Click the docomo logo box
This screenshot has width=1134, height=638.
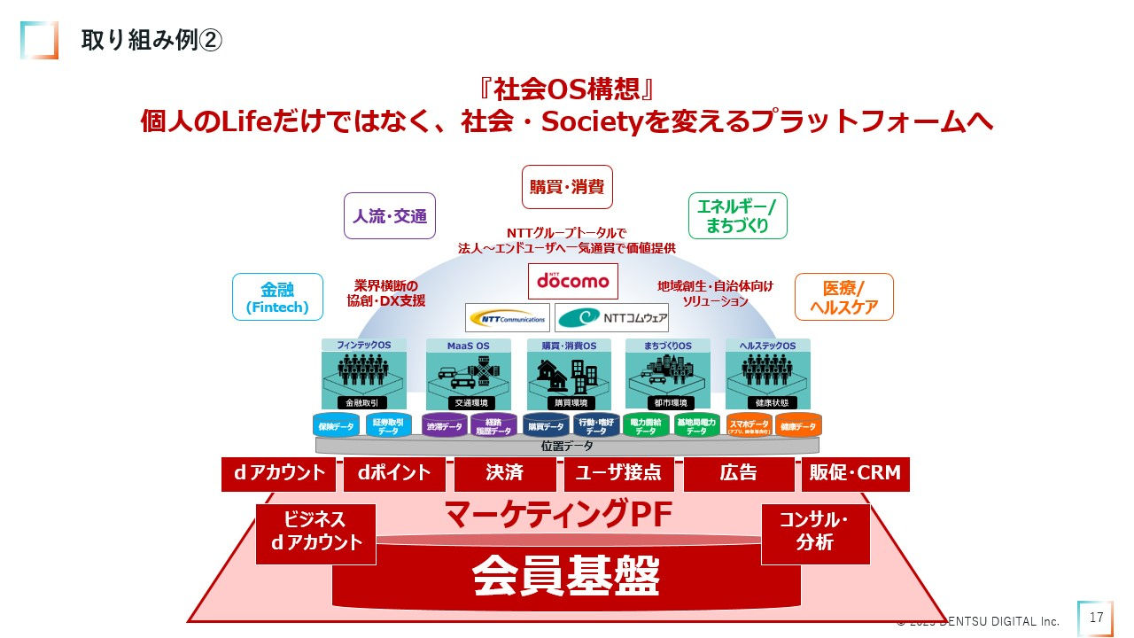pyautogui.click(x=572, y=280)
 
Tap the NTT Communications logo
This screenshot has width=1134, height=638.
pyautogui.click(x=507, y=317)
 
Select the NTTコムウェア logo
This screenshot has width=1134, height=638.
pyautogui.click(x=611, y=317)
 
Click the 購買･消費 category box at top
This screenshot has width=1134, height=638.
pyautogui.click(x=567, y=186)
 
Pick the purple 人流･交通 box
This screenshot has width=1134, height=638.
pyautogui.click(x=390, y=215)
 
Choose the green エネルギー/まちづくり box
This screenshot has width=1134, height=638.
pyautogui.click(x=737, y=215)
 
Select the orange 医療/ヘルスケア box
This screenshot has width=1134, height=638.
pyautogui.click(x=844, y=297)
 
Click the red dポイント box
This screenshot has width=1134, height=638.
pyautogui.click(x=394, y=473)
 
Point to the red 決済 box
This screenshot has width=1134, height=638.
pyautogui.click(x=504, y=473)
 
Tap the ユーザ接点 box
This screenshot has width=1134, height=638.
pyautogui.click(x=618, y=473)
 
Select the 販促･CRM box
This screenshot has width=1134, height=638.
pyautogui.click(x=855, y=473)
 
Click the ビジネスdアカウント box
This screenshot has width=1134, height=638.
pyautogui.click(x=316, y=532)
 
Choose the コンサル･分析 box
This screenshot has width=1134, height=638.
pyautogui.click(x=815, y=532)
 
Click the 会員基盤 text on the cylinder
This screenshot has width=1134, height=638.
pyautogui.click(x=566, y=577)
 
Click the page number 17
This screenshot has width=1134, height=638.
pyautogui.click(x=1096, y=618)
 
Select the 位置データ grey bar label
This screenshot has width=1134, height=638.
pyautogui.click(x=567, y=446)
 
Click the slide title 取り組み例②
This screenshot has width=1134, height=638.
pyautogui.click(x=151, y=41)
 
